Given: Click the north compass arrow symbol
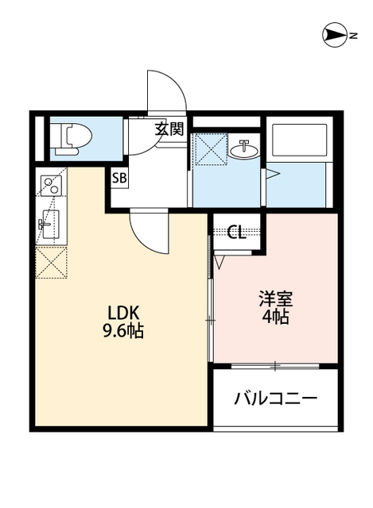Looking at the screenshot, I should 335,34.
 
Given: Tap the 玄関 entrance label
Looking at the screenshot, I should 169,129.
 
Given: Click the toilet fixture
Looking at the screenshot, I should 69,138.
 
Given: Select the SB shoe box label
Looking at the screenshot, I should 119,178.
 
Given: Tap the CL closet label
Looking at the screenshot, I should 236,233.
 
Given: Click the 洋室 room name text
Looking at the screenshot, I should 276,299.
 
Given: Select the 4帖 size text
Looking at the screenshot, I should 276,317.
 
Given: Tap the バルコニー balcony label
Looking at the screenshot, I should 275,398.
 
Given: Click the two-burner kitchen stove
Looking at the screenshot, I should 49,186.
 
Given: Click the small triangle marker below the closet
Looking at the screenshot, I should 220,260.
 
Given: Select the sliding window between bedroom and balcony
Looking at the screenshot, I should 274,365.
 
